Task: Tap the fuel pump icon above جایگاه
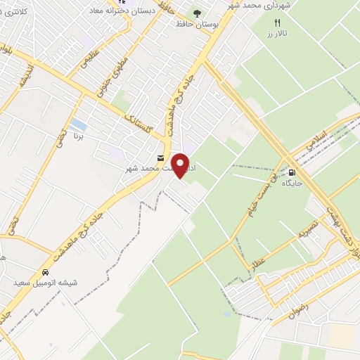point(291,170)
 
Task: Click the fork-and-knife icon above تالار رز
point(277,22)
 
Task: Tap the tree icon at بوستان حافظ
point(196,13)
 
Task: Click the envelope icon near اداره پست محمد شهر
point(162,157)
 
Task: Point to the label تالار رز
point(277,34)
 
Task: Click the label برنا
point(80,136)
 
